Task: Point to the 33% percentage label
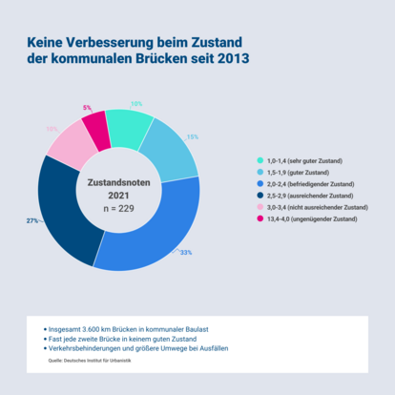point(186,252)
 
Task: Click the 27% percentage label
point(31,220)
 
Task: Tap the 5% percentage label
point(87,108)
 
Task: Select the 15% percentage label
point(192,137)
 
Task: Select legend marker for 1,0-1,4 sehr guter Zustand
point(260,160)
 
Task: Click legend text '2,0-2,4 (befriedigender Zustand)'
point(311,183)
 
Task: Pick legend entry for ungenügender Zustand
point(311,218)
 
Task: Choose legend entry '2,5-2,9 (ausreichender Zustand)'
point(311,195)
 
